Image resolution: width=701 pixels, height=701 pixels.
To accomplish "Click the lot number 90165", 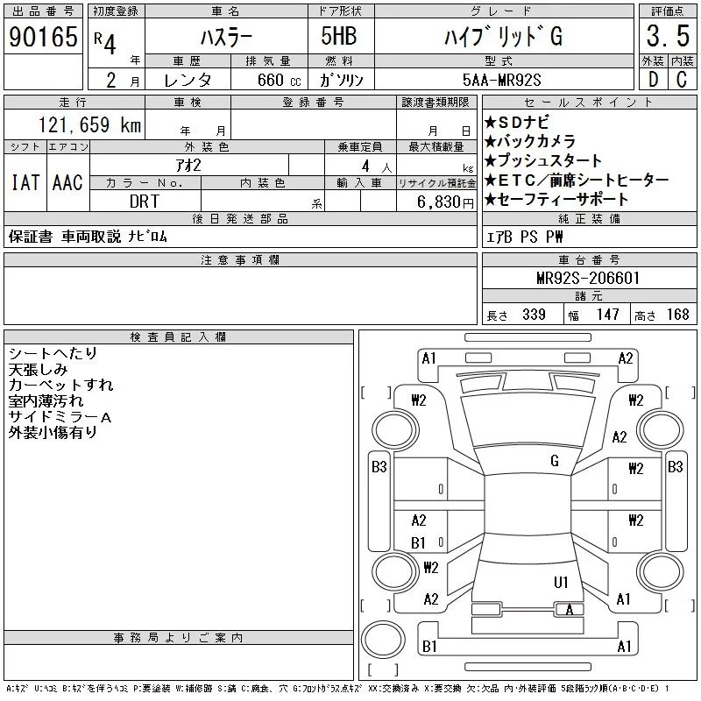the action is point(42,38).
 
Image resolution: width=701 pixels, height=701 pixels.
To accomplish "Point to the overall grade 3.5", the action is point(665,38).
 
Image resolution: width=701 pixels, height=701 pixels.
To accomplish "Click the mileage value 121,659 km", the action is point(89,125).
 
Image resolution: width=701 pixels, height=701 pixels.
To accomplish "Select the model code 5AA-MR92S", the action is point(502,80).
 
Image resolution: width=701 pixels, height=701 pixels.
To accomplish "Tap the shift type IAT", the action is point(25,182).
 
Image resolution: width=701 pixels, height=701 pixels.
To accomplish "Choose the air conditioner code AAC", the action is point(67,182).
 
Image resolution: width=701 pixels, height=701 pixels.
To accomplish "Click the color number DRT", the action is point(145,202).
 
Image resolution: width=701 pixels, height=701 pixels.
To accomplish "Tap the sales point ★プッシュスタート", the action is point(543,160).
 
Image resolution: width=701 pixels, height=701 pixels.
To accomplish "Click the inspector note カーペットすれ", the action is point(60,385).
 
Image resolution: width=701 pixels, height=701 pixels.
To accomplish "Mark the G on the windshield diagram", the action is point(555,461).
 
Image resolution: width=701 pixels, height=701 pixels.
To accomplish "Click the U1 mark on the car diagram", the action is point(561,582).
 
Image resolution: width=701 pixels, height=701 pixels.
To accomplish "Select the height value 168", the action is point(678,315).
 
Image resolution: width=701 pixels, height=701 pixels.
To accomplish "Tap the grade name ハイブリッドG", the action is point(502,38).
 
